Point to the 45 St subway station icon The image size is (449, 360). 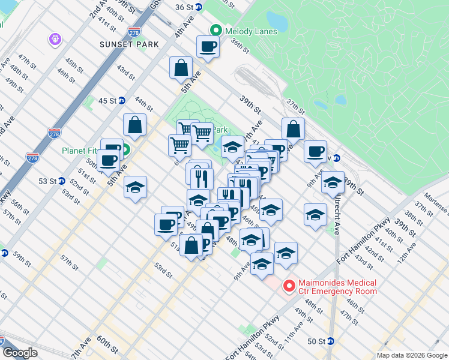[x=122, y=101]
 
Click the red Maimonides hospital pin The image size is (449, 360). [x=289, y=287]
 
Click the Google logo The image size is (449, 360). [x=20, y=353]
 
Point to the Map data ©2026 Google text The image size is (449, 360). [x=412, y=355]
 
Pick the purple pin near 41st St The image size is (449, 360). [x=55, y=38]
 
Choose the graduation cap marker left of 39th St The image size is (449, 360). [x=332, y=183]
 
